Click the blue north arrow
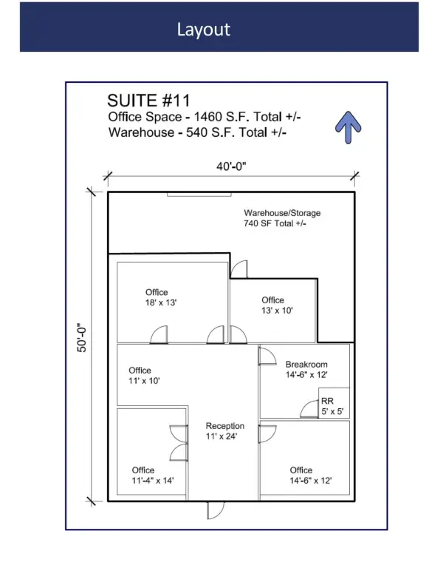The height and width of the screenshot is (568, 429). click(348, 126)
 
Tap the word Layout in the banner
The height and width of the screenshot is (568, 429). click(204, 30)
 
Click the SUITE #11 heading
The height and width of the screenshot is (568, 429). click(148, 101)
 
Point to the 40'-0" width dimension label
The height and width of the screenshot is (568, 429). click(231, 166)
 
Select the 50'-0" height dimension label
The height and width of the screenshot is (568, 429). click(82, 337)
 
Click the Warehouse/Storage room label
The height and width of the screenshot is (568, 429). click(282, 218)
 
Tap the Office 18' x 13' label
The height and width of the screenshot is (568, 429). click(161, 297)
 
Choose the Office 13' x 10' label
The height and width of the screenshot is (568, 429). click(277, 305)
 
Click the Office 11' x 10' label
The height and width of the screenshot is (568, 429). click(144, 375)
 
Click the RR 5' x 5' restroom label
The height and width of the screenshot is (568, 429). click(332, 406)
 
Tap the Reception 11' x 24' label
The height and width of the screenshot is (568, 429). click(225, 431)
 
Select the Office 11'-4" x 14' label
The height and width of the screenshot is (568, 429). click(153, 476)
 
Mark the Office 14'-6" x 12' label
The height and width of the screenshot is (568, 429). click(311, 476)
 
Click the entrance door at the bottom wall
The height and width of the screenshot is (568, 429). click(216, 510)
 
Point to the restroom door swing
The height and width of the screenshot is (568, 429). click(309, 409)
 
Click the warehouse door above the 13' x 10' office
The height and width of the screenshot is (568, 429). click(239, 269)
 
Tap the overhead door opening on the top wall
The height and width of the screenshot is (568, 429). click(199, 195)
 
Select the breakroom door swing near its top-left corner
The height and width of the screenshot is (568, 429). click(267, 356)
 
